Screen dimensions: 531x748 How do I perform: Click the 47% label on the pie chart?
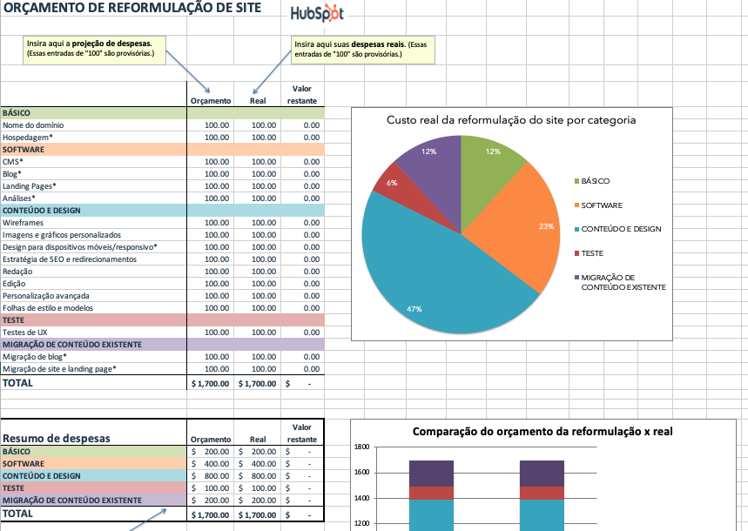coord(414,309)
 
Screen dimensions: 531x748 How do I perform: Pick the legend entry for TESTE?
coord(593,253)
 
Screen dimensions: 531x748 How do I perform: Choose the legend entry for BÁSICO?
coord(595,181)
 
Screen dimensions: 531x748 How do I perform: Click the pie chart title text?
coord(510,120)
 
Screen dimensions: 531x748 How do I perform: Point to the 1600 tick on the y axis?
coord(363,473)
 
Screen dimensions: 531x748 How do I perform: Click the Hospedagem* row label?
coord(28,138)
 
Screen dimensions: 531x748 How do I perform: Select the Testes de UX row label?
coord(25,333)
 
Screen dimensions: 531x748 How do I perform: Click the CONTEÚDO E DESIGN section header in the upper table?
coord(42,211)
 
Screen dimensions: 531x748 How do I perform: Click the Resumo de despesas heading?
coord(57,439)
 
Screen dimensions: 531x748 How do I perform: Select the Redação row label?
coord(18,272)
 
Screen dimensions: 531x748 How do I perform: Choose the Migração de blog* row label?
coord(34,357)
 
